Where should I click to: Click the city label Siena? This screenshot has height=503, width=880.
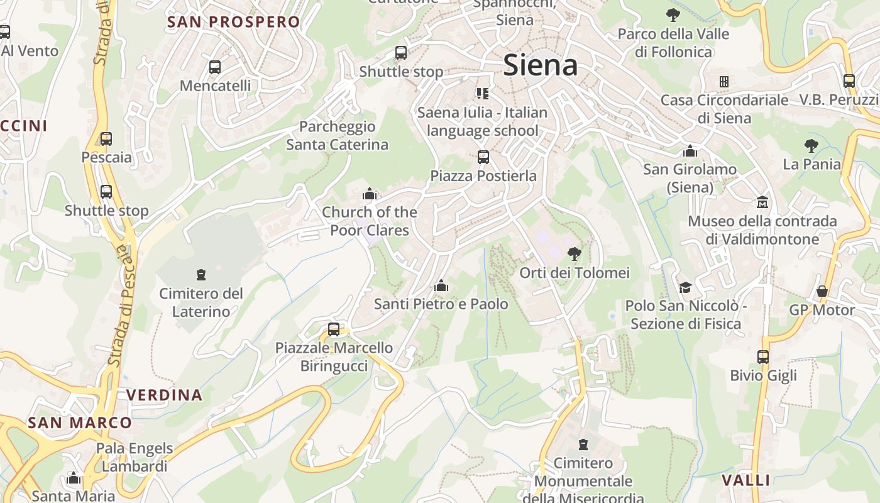(x=541, y=65)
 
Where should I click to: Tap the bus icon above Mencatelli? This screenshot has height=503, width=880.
(x=215, y=67)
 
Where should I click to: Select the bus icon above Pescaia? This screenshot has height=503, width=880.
(x=106, y=139)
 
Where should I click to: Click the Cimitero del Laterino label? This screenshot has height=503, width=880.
(x=201, y=302)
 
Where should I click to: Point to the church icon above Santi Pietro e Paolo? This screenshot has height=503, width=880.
(x=441, y=286)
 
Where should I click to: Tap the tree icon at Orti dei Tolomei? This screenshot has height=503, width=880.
(x=574, y=254)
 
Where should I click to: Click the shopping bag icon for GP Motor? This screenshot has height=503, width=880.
(x=822, y=291)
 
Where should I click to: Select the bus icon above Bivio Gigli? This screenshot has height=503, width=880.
(x=763, y=357)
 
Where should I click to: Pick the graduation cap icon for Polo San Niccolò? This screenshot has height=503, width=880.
(x=685, y=287)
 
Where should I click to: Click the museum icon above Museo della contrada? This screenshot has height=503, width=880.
(x=762, y=202)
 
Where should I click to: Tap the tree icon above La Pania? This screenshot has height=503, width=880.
(x=811, y=146)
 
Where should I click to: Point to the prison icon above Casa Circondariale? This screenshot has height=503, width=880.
(x=724, y=82)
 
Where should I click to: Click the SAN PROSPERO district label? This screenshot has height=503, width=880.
(x=233, y=22)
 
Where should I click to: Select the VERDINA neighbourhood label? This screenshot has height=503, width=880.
(x=165, y=395)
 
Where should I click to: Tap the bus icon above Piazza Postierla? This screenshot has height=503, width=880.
(x=483, y=157)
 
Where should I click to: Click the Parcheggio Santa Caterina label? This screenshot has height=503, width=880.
(x=337, y=136)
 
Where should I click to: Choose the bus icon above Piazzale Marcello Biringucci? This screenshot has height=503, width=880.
(x=334, y=329)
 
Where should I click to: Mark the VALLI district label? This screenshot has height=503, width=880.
(x=745, y=480)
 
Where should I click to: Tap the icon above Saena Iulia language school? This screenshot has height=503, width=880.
(x=482, y=94)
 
